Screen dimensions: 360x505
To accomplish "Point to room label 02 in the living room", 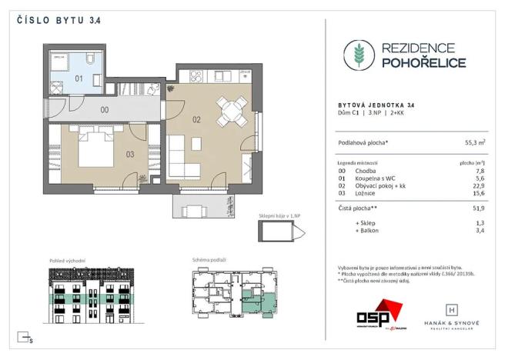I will [196, 121].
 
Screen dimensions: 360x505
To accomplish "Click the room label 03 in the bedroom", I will [130, 155].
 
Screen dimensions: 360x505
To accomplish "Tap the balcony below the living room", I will [207, 207].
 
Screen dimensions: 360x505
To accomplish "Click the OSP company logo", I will [378, 315].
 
